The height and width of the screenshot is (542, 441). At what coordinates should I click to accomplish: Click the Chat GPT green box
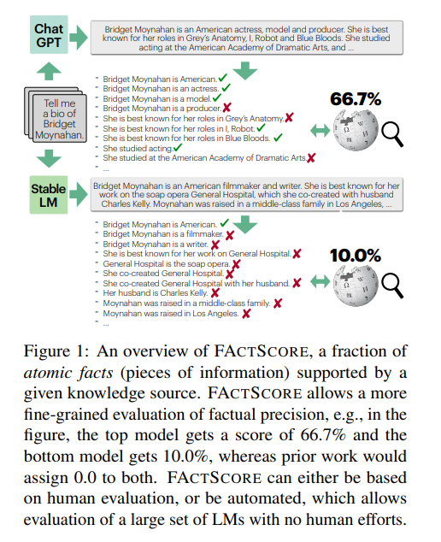48,35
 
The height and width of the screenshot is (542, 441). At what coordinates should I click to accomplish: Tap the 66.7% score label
356,100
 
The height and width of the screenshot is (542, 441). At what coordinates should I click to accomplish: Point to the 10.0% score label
355,254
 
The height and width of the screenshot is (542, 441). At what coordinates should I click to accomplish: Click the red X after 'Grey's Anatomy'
290,119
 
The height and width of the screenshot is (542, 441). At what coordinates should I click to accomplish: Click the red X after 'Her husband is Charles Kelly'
215,292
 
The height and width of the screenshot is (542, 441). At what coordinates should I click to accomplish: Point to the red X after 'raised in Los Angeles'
246,314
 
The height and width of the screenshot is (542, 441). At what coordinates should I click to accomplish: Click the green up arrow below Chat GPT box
48,67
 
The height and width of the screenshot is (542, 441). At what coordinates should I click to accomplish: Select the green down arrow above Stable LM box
48,156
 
